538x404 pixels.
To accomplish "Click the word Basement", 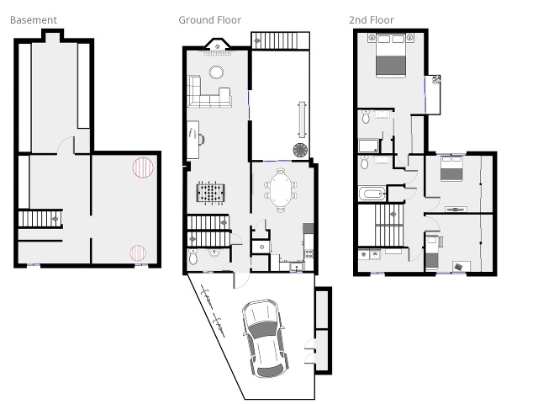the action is (x=34, y=20).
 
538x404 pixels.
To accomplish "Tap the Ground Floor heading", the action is (x=209, y=20).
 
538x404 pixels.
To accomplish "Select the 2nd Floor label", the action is (x=372, y=20).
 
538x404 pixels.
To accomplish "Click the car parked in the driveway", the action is (x=265, y=338).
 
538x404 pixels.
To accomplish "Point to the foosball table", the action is (x=211, y=193).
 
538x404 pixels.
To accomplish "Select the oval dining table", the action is (x=281, y=190).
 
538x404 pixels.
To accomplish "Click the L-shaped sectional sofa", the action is (x=208, y=91).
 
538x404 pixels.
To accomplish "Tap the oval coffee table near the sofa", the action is (x=216, y=72).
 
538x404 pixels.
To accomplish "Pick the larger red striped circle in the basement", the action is (x=143, y=167).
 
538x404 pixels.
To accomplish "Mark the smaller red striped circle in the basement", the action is (x=138, y=252).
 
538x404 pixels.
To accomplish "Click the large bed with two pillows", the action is (x=391, y=56).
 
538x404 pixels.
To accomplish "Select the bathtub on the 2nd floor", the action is (x=372, y=194).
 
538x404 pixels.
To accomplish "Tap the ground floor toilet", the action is (x=193, y=257).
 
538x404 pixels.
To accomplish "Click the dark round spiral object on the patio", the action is (x=301, y=150).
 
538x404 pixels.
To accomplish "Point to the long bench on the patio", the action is (x=303, y=119).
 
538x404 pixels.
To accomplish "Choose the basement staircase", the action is (x=40, y=219).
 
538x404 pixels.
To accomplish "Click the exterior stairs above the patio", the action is (x=280, y=41).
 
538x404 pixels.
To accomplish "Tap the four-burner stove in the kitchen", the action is (x=309, y=253).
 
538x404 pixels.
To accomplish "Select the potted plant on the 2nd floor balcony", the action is (x=436, y=80).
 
